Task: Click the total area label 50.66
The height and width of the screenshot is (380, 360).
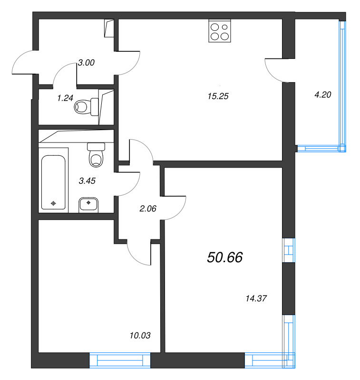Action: [225, 257]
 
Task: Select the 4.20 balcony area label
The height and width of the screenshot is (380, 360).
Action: [322, 94]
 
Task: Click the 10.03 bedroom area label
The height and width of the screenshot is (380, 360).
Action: [140, 335]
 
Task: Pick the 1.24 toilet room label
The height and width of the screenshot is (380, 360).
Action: [66, 98]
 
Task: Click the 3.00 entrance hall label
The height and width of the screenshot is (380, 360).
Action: [86, 63]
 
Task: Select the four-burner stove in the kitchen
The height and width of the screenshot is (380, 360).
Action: [220, 31]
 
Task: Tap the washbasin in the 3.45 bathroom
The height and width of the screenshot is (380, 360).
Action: [88, 205]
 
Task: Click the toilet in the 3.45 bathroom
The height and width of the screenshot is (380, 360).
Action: [97, 155]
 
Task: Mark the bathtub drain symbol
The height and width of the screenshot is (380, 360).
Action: [53, 203]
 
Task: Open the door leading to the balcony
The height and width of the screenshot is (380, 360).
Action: [274, 69]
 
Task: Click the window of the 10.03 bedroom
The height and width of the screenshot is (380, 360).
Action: [120, 360]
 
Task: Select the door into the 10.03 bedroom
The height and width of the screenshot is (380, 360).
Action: [140, 252]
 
